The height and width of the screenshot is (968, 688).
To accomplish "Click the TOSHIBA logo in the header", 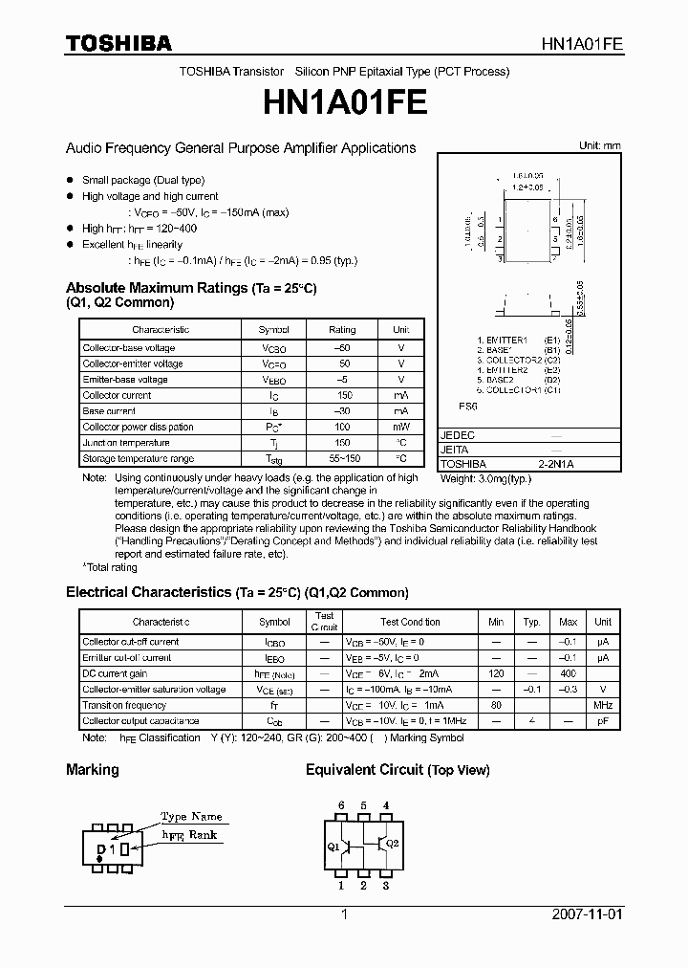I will point(118,43).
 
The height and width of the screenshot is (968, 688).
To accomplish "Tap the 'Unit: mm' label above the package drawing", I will point(599,145).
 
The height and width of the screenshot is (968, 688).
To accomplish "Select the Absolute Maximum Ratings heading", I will point(190,288).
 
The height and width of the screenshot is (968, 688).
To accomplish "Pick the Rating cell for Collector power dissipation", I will point(342,427).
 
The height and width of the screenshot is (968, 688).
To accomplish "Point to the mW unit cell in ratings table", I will point(401,427).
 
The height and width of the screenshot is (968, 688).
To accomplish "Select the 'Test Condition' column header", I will point(410,622).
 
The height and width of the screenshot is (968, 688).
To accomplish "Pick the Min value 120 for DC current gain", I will point(496,673).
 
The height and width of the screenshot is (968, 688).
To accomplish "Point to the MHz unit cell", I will point(603,705).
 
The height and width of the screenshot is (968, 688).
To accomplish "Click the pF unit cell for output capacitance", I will point(603,721).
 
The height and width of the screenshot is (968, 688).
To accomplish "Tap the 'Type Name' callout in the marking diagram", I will point(191,817).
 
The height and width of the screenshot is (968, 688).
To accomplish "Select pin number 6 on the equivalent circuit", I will point(341,805).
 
